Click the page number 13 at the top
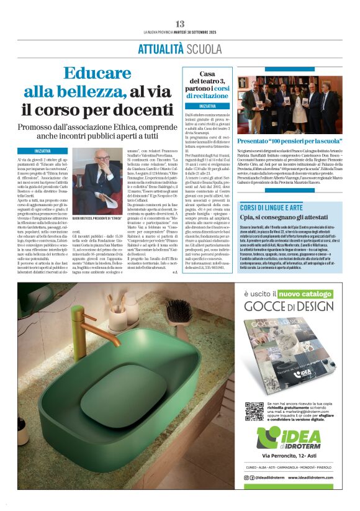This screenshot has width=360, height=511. pyautogui.click(x=180, y=24)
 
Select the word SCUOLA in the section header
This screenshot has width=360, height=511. pyautogui.click(x=202, y=48)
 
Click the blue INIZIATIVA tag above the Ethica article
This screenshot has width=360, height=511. pyautogui.click(x=51, y=151)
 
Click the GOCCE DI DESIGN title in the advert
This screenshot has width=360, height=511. pyautogui.click(x=289, y=306)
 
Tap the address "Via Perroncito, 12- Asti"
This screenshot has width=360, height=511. pyautogui.click(x=290, y=457)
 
